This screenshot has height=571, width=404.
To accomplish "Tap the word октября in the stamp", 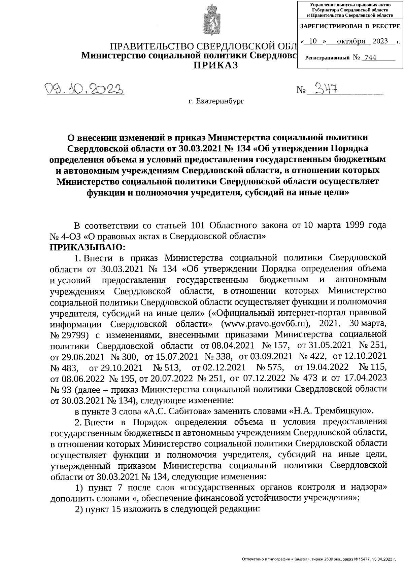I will pos(351,41).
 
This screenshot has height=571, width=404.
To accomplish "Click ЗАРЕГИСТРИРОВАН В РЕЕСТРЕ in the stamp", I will pos(350,26).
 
